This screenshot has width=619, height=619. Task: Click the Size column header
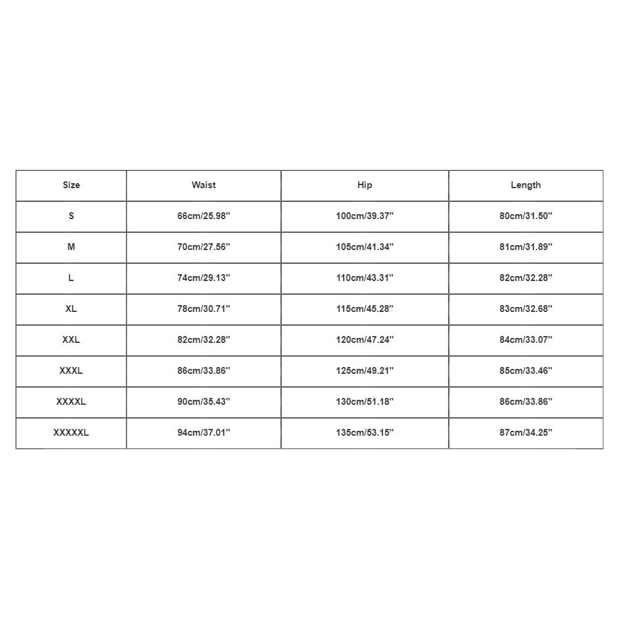[x=71, y=185]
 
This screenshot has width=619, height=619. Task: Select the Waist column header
[x=204, y=185]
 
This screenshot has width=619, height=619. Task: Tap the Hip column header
[x=365, y=185]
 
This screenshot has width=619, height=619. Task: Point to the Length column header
[x=526, y=185]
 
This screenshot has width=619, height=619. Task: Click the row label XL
[x=71, y=309]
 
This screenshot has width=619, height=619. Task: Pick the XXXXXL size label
[x=71, y=433]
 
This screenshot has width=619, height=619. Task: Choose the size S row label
[x=71, y=216]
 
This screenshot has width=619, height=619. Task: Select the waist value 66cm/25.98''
[x=204, y=216]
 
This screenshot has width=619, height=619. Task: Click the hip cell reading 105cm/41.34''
[x=365, y=247]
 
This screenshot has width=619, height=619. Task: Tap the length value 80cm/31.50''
[x=526, y=216]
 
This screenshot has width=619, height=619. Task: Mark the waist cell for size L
[x=204, y=278]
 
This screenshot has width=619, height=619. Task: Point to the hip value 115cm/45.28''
[x=365, y=309]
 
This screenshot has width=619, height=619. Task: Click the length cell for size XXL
[x=526, y=340]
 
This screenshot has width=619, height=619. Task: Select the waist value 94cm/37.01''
[x=204, y=433]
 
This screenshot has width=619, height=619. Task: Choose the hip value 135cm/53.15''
[x=365, y=433]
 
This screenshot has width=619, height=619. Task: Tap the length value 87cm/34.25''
[x=526, y=433]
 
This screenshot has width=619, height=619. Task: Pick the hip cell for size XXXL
[x=365, y=371]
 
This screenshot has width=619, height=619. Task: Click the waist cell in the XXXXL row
[x=204, y=402]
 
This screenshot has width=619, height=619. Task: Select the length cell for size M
[x=526, y=247]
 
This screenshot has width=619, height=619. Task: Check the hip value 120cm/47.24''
[x=365, y=340]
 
